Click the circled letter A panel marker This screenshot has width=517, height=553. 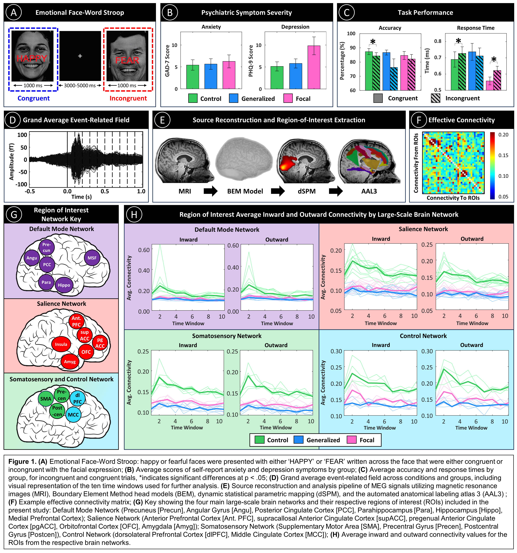[13, 13]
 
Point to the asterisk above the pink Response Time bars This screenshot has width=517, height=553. [494, 59]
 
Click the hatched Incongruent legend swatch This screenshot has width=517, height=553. [435, 98]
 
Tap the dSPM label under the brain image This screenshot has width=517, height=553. [307, 191]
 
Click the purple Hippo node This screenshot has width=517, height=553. [64, 285]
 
